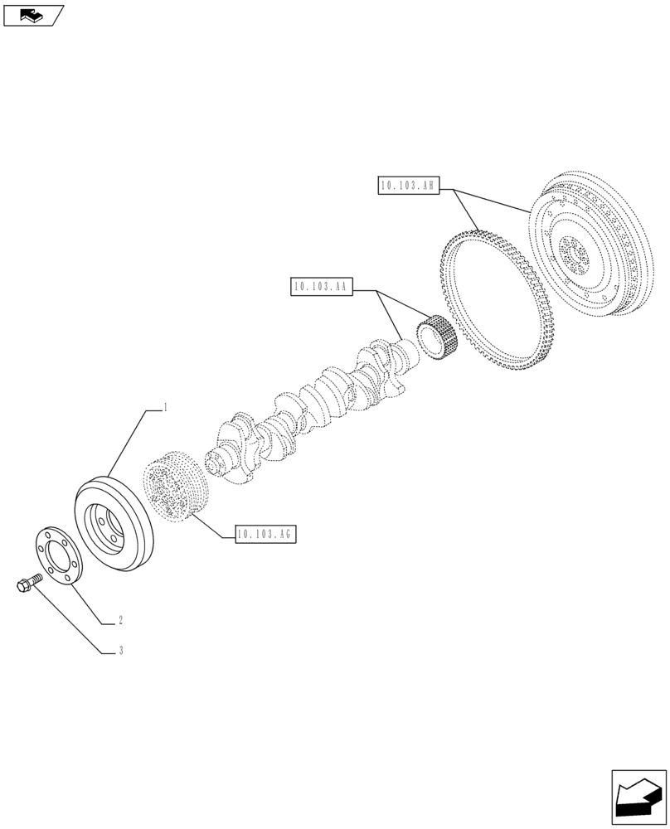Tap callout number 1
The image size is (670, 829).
tap(166, 407)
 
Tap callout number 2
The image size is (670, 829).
tap(121, 619)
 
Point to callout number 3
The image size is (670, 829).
tap(121, 652)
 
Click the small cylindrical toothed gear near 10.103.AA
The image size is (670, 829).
tap(436, 337)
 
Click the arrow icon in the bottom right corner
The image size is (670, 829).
tap(638, 798)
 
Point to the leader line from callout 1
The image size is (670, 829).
tap(124, 444)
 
